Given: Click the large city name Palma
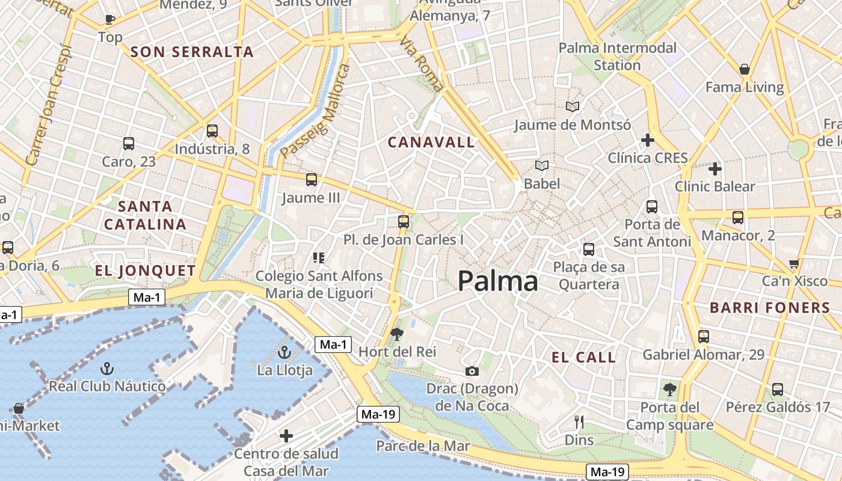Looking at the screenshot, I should [497, 281].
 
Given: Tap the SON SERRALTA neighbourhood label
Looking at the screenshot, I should [192, 52].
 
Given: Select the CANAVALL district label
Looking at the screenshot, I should [431, 142].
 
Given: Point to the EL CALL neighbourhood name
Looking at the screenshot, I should [583, 357].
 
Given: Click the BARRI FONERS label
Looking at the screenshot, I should [770, 308].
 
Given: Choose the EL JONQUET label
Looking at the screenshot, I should [146, 271].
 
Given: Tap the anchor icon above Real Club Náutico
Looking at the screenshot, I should [106, 368].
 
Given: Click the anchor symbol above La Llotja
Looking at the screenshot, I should [284, 352].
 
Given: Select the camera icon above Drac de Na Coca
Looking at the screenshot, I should [472, 371].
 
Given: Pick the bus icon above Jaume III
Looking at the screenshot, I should [311, 179].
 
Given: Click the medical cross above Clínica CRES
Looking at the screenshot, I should [647, 141].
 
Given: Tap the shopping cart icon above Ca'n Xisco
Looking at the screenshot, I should [794, 263].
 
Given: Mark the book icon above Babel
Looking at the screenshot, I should [541, 165].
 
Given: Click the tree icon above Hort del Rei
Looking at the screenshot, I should [396, 334].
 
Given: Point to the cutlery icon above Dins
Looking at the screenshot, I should [579, 421].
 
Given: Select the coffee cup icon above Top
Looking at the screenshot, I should [110, 19].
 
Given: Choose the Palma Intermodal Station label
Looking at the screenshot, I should [617, 56].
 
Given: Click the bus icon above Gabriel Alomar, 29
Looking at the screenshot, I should [703, 336].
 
